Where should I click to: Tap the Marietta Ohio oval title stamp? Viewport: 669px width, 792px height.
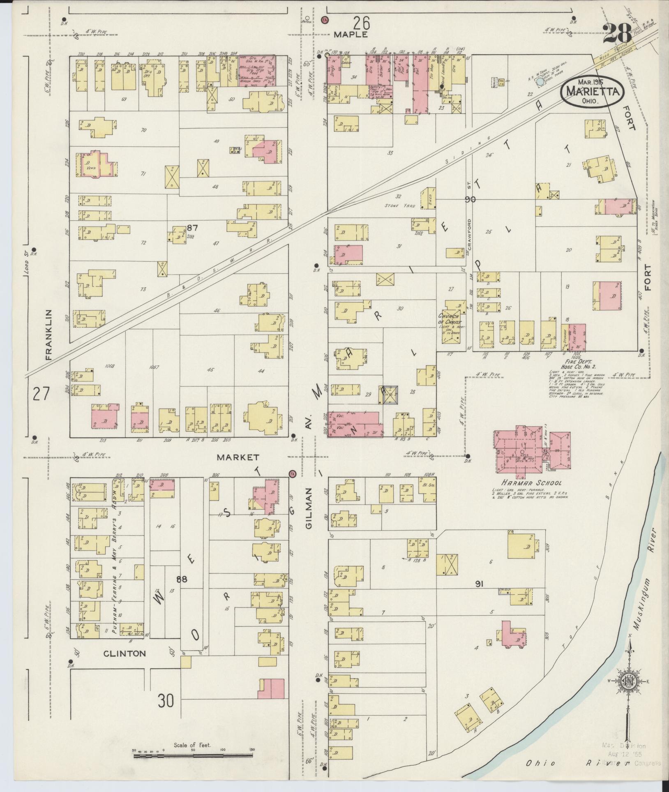[592, 92]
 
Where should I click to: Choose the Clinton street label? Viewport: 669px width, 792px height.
[125, 653]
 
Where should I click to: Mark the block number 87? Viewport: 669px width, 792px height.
[193, 228]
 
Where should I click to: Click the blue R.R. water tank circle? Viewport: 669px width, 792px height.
[539, 82]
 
